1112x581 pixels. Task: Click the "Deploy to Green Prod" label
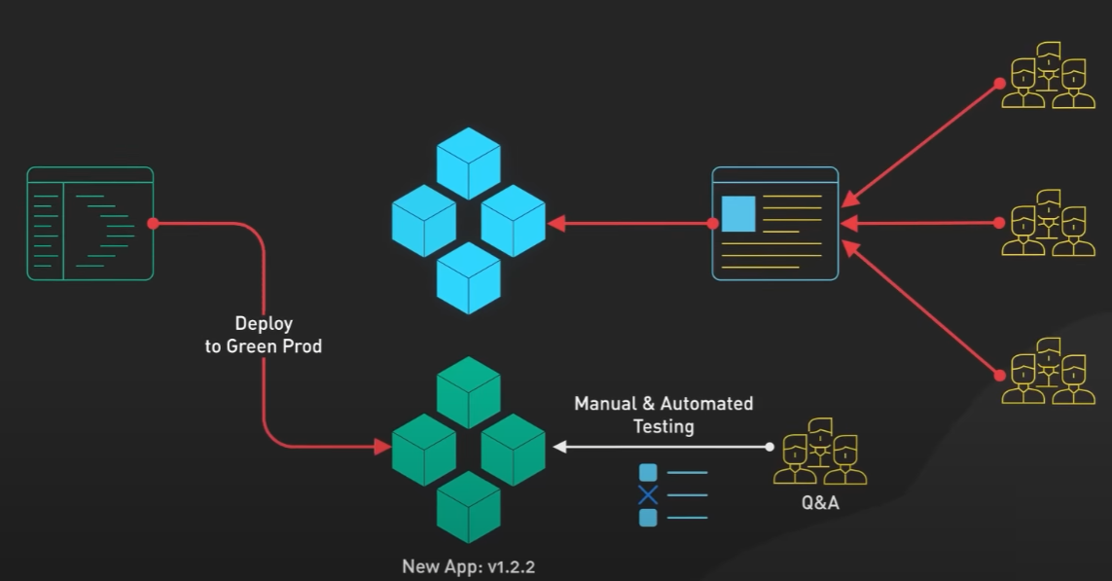tap(263, 334)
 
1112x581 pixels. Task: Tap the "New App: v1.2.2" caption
tap(468, 565)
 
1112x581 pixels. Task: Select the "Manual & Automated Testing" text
tap(664, 415)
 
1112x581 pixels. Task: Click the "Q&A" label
tap(819, 503)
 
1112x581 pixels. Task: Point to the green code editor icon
tap(90, 224)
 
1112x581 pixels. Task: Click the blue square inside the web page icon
tap(738, 214)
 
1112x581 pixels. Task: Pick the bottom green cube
tap(468, 506)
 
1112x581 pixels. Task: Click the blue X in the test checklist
tap(648, 495)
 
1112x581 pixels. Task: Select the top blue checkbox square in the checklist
tap(648, 473)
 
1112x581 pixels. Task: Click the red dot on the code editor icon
tap(153, 224)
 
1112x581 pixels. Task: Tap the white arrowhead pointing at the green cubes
tap(560, 448)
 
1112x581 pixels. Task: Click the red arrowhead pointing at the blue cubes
tap(555, 224)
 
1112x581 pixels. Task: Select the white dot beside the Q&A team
tap(770, 448)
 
